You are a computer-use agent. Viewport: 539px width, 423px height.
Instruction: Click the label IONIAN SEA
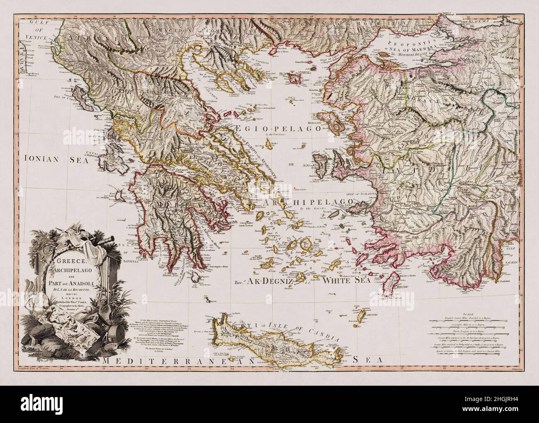(x=57, y=157)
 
